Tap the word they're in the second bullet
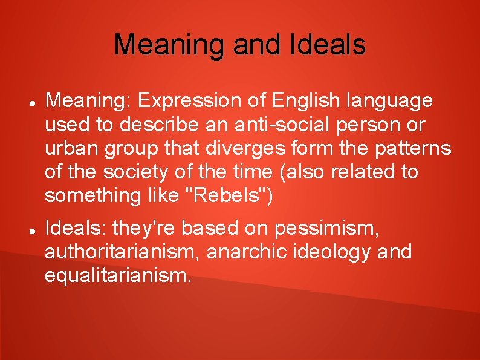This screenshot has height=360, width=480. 147,228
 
